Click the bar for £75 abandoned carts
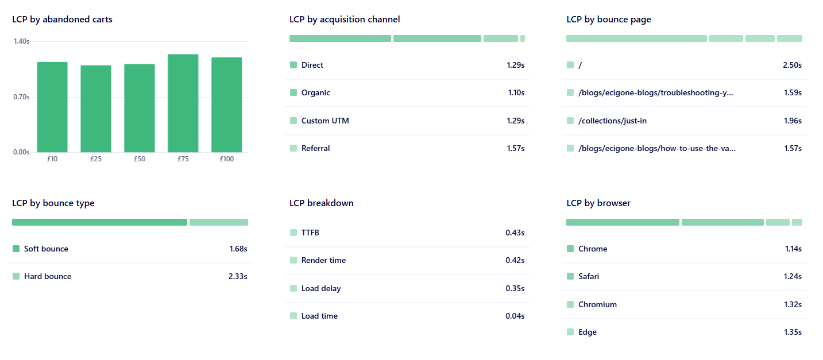tap(183, 103)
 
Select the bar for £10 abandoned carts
tap(52, 107)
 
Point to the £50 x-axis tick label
tap(140, 159)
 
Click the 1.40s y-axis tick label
tap(22, 41)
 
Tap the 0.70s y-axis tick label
tap(22, 97)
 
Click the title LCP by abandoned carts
tap(62, 20)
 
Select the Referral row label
tap(315, 148)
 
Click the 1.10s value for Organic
tap(516, 92)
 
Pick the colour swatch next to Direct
tap(293, 65)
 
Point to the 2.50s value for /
tap(792, 65)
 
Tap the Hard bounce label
tap(48, 276)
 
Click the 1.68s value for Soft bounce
tap(238, 249)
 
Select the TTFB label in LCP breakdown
tap(310, 233)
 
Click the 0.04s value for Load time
tap(515, 316)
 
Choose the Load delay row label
tap(320, 288)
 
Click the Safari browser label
tap(589, 276)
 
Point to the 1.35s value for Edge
tap(793, 332)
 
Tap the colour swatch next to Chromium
tap(570, 304)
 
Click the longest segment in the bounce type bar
tap(99, 222)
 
